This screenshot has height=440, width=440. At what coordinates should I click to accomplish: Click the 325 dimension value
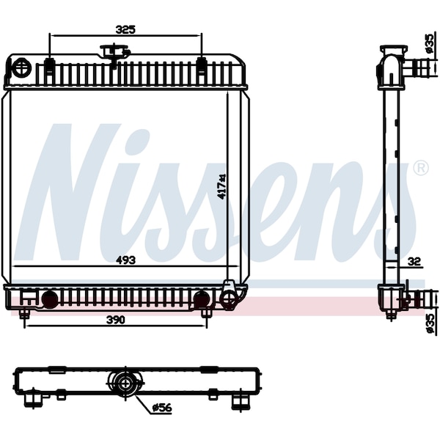(125, 29)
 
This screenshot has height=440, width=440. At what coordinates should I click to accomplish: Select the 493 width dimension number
(125, 260)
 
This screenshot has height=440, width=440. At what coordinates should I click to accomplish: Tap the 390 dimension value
(116, 320)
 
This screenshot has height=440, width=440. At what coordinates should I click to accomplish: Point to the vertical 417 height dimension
(222, 187)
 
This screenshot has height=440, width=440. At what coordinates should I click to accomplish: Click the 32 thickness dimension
(414, 262)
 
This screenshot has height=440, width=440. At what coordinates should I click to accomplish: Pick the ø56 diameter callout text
(161, 408)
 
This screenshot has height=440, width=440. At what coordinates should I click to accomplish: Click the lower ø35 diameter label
(430, 323)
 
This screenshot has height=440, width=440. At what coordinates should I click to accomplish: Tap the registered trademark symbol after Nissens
(421, 168)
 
